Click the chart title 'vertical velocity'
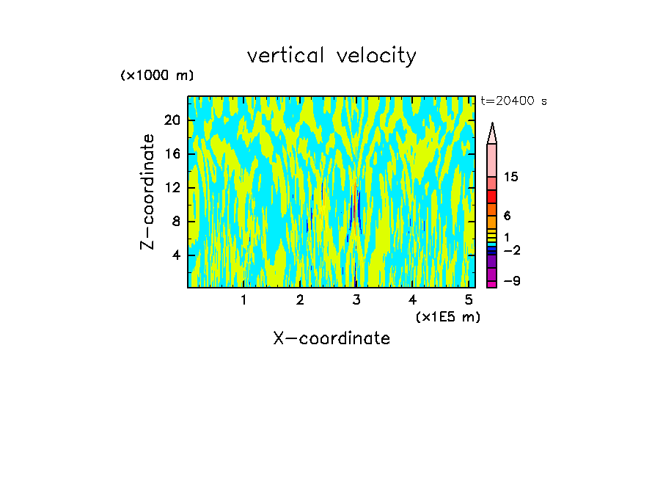click(331, 56)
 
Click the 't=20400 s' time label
click(513, 101)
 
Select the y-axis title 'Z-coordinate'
click(148, 192)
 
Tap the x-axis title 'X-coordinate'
click(331, 338)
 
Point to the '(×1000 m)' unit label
click(156, 76)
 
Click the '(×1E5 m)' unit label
click(447, 316)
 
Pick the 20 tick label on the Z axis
click(173, 120)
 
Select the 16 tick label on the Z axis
click(173, 154)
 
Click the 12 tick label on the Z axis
click(173, 188)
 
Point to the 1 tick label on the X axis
click(243, 299)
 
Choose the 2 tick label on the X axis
click(300, 299)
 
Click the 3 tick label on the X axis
click(356, 299)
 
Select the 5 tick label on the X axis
click(469, 299)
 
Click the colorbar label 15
click(511, 178)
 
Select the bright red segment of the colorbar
click(492, 197)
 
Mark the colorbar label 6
click(507, 217)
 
